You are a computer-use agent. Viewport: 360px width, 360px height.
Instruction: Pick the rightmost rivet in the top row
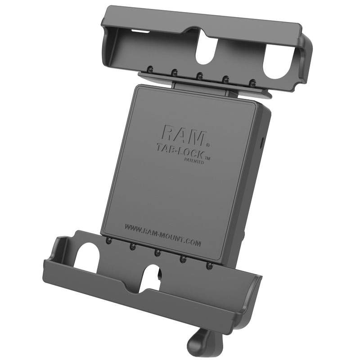(252, 82)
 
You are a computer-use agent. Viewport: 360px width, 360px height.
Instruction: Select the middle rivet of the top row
(200, 75)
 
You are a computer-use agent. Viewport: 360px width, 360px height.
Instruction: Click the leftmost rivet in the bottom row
(109, 241)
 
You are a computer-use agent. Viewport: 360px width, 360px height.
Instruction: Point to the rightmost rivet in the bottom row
(209, 265)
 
